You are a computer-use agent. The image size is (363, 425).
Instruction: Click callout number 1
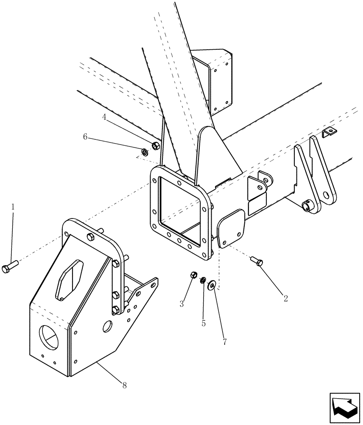click(x=13, y=207)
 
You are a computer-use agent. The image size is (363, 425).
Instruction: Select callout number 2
click(x=285, y=298)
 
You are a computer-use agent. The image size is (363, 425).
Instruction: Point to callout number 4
click(x=103, y=116)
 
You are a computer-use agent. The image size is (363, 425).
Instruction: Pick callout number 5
click(x=204, y=323)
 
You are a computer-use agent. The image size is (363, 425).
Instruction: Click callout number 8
click(x=124, y=385)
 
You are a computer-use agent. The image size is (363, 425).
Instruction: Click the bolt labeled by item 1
click(x=9, y=268)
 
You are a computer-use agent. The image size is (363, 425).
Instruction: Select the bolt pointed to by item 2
click(x=257, y=261)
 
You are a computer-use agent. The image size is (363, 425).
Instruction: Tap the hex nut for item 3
click(x=192, y=275)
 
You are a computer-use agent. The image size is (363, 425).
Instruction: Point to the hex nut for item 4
click(x=155, y=146)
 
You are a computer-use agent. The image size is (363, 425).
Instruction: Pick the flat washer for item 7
click(x=211, y=285)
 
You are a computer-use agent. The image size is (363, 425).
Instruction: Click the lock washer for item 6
click(x=145, y=151)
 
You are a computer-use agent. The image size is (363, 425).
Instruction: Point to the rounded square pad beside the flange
click(x=232, y=228)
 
